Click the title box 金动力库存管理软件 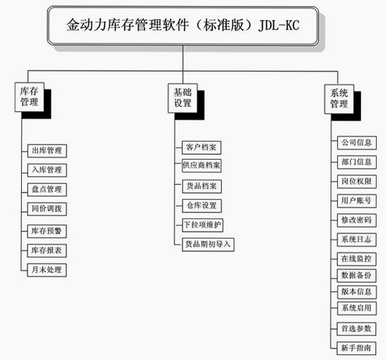pyautogui.click(x=183, y=26)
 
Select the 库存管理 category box pyautogui.click(x=30, y=97)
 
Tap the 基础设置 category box pyautogui.click(x=182, y=98)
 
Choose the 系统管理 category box pyautogui.click(x=339, y=99)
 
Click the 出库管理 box pyautogui.click(x=47, y=151)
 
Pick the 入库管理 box pyautogui.click(x=47, y=170)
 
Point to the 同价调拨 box pyautogui.click(x=47, y=209)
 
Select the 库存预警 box pyautogui.click(x=47, y=231)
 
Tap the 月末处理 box pyautogui.click(x=47, y=270)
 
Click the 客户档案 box pyautogui.click(x=201, y=148)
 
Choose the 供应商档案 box pyautogui.click(x=201, y=166)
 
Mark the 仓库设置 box pyautogui.click(x=202, y=206)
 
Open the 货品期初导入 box pyautogui.click(x=208, y=245)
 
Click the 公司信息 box pyautogui.click(x=357, y=143)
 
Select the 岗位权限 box pyautogui.click(x=357, y=182)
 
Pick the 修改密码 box pyautogui.click(x=357, y=220)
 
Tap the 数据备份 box pyautogui.click(x=357, y=276)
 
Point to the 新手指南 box pyautogui.click(x=357, y=348)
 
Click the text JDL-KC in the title pyautogui.click(x=279, y=25)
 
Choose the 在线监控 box pyautogui.click(x=357, y=259)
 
